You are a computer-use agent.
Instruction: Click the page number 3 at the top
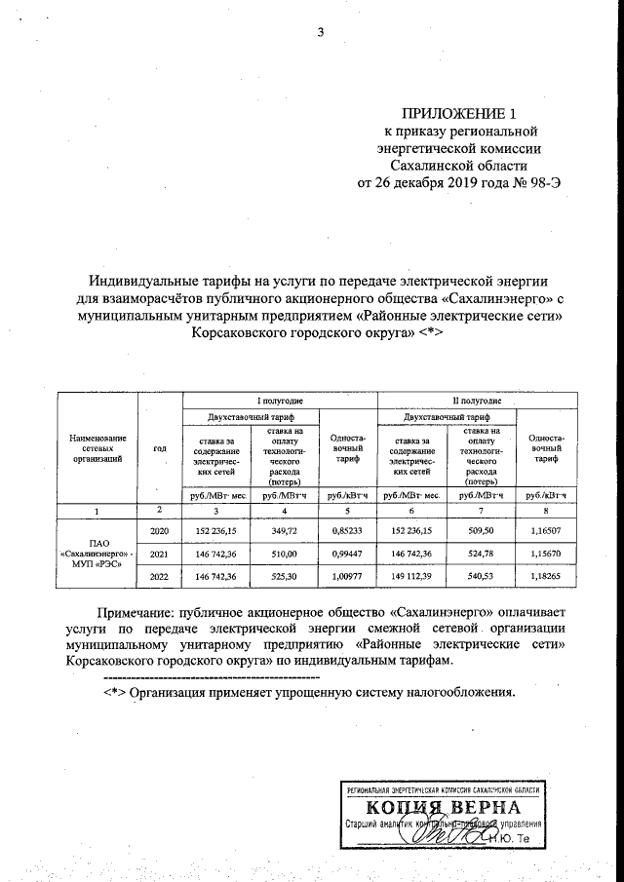click(x=319, y=36)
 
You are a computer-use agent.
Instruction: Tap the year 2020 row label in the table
click(x=159, y=531)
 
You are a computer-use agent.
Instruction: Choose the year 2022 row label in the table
click(x=159, y=577)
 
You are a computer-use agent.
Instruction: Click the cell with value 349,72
click(x=287, y=531)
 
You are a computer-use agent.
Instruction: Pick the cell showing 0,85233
click(x=350, y=531)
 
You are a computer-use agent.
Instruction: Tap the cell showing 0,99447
click(x=350, y=554)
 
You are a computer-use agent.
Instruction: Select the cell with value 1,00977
click(x=350, y=577)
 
